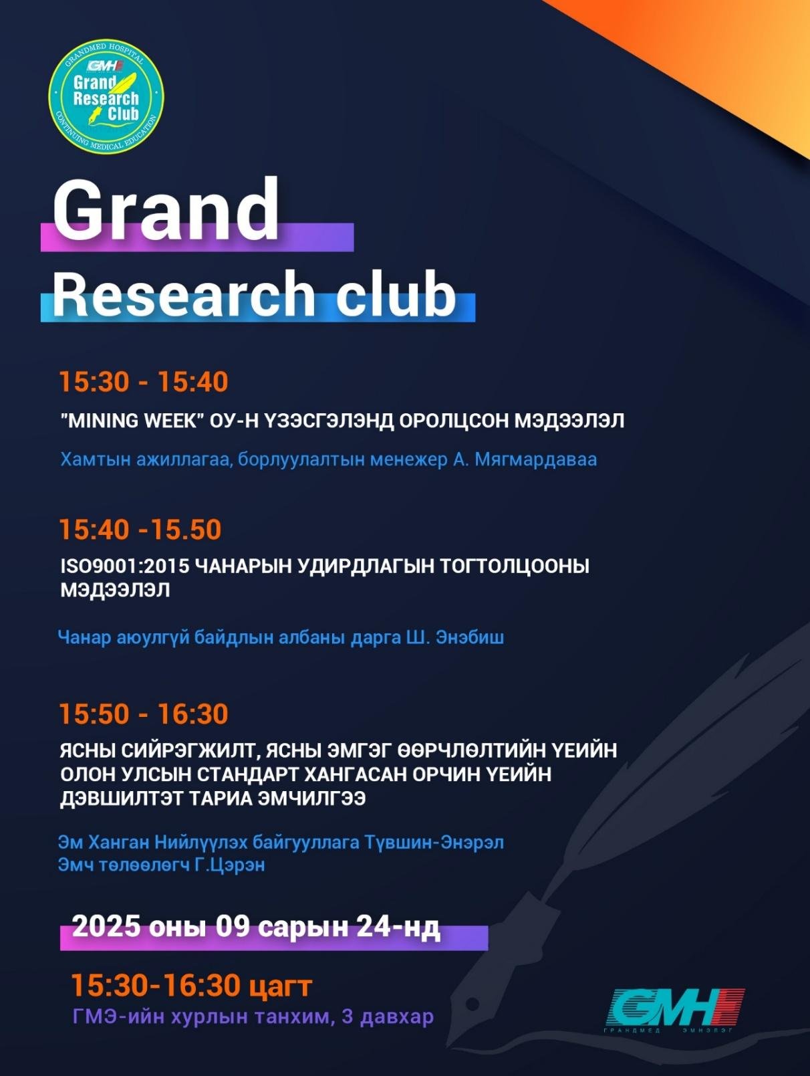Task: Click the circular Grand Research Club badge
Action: (x=106, y=96)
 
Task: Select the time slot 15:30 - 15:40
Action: (x=144, y=382)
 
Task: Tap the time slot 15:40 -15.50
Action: (x=140, y=530)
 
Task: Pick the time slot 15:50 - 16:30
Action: (x=144, y=714)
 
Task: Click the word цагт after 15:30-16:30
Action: (x=281, y=986)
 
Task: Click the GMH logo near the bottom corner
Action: (x=675, y=1008)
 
